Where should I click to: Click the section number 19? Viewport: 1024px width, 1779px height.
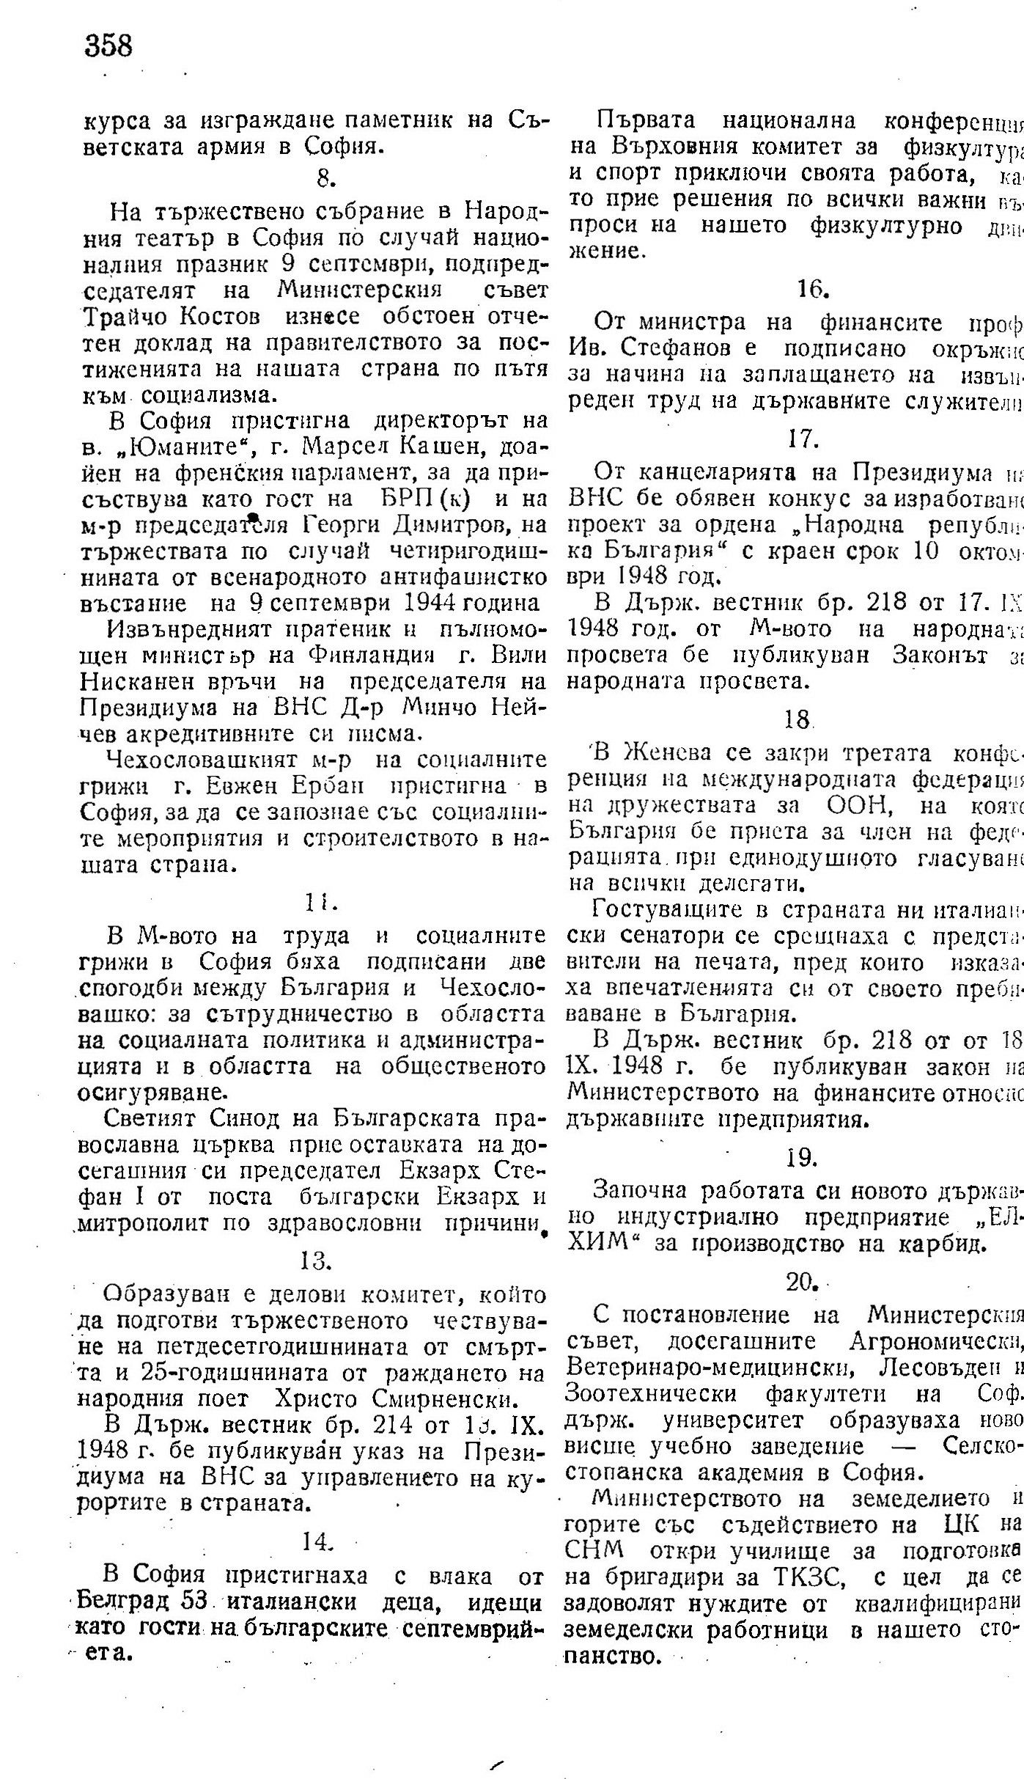(801, 1157)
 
